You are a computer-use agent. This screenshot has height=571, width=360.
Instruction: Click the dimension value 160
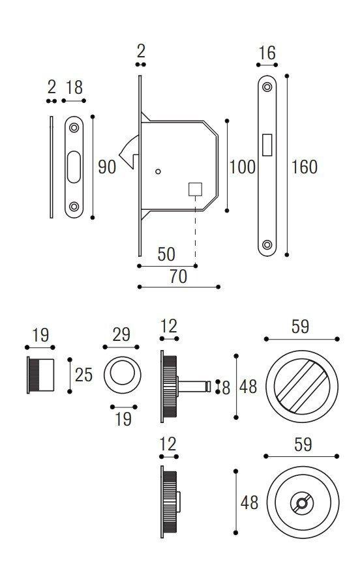tap(305, 167)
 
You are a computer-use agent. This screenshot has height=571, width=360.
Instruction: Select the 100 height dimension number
tap(242, 167)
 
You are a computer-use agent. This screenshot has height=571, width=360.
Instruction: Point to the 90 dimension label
tap(107, 167)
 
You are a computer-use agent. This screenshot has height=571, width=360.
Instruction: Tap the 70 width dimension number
tap(178, 276)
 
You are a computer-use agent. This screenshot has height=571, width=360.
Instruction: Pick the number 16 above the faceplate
tap(267, 54)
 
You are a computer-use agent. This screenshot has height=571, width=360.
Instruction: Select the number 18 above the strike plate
tap(74, 88)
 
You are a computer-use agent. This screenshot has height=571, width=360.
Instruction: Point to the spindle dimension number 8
tap(226, 387)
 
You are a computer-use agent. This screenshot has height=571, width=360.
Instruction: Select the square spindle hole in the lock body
tap(194, 189)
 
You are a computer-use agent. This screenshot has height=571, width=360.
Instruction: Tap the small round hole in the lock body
tap(157, 172)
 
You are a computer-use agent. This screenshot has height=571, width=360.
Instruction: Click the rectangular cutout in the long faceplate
tap(267, 145)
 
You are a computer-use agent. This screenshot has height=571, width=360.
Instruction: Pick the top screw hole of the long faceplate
tap(267, 87)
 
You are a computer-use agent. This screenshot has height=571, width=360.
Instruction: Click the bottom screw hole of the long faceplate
tap(267, 245)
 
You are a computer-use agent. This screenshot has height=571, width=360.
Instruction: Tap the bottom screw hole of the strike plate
tap(74, 207)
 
